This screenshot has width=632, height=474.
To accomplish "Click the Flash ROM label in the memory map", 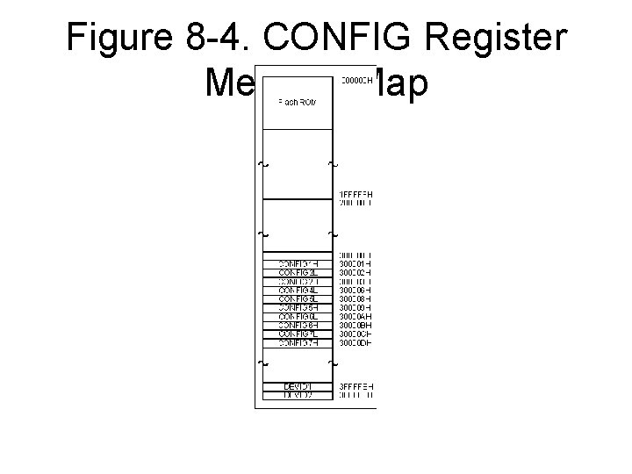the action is pos(298,103).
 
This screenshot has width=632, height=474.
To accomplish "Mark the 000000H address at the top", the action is pos(356,81).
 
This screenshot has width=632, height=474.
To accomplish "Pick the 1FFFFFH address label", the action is pos(356,194).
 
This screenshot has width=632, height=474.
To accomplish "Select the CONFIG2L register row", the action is pos(298,272).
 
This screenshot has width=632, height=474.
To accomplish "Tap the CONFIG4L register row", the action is pos(298,290).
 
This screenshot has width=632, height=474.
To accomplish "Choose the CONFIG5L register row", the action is pos(298,298).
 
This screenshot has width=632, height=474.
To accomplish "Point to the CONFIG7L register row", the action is pos(298,334).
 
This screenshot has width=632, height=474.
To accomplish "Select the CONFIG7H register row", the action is pos(298,342).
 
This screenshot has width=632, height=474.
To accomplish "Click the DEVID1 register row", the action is pos(298,386).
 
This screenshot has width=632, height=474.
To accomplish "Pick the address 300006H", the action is pos(356,290).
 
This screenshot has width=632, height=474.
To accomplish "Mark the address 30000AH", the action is pos(356,316).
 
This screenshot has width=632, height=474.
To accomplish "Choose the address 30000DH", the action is pos(356,342).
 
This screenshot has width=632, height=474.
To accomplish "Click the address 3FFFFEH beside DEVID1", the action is pos(356,386).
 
